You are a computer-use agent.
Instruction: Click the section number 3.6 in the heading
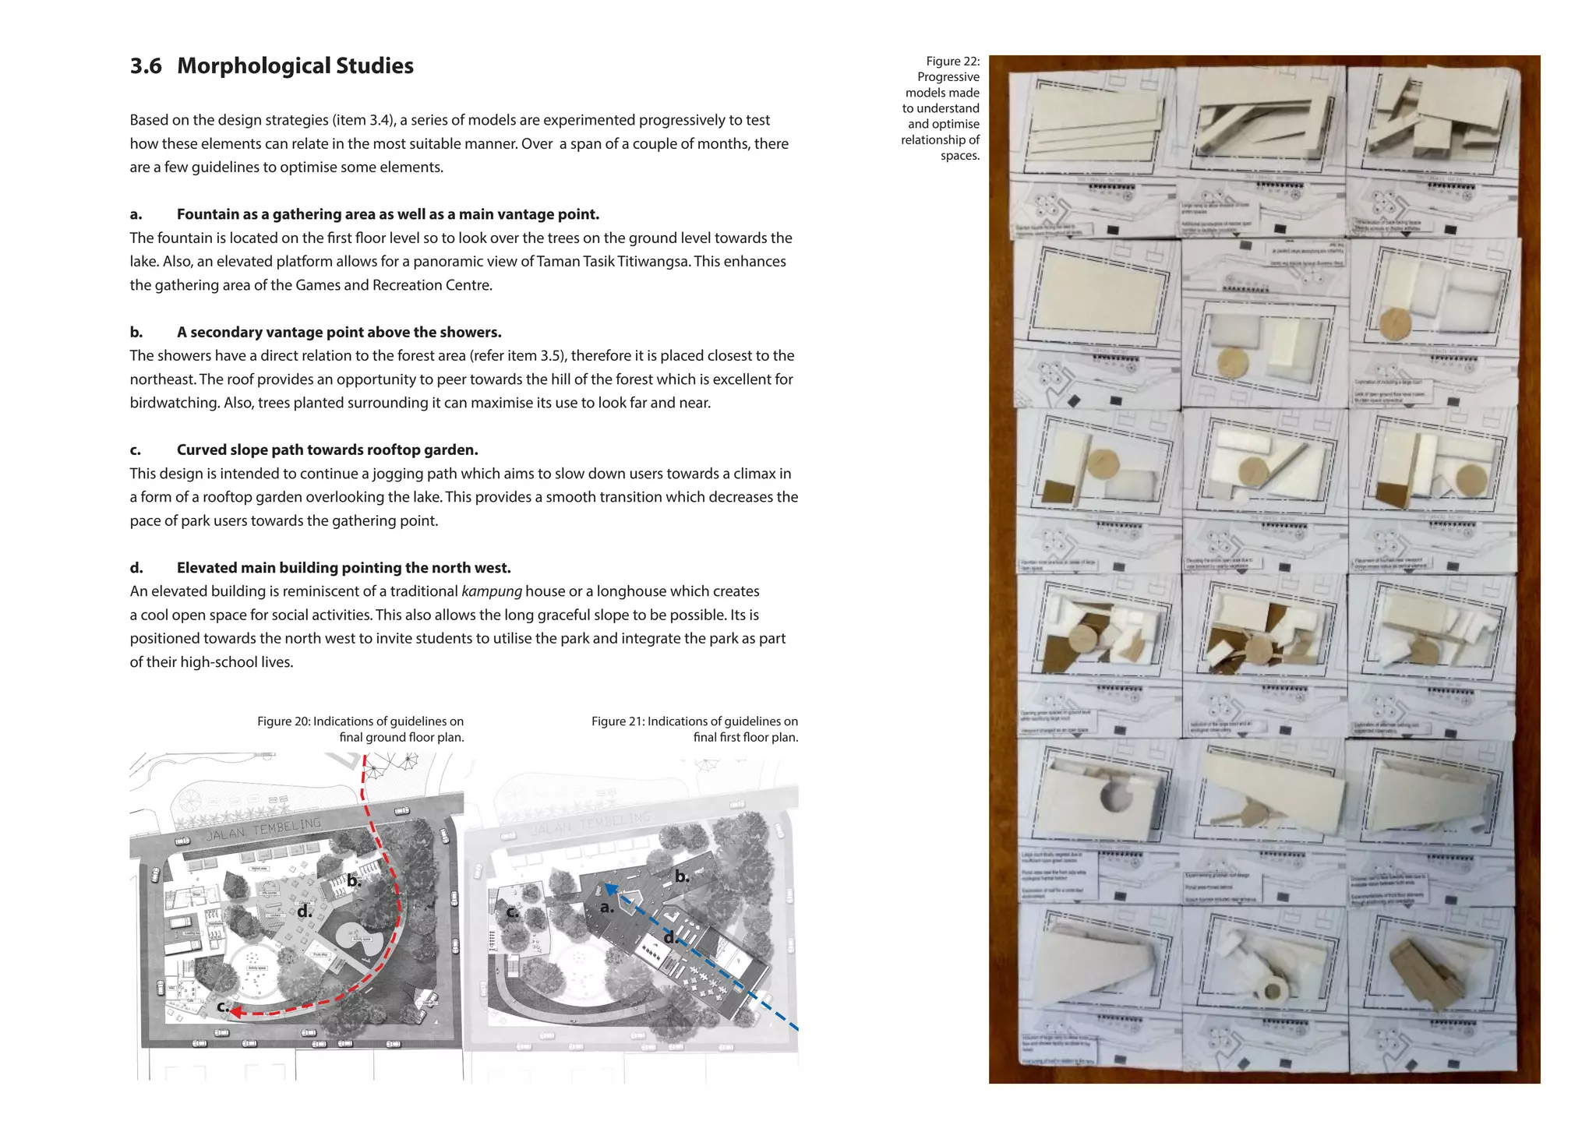point(146,66)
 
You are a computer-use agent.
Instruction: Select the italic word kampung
point(491,591)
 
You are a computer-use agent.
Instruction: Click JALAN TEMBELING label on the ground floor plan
point(263,830)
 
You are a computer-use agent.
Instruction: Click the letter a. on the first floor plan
point(607,908)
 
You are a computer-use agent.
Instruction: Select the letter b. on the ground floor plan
point(354,881)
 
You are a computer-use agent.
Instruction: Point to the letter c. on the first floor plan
point(512,912)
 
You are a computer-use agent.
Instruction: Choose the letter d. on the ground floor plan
point(304,911)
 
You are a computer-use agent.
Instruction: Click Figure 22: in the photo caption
point(952,62)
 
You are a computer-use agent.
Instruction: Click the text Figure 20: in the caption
point(284,721)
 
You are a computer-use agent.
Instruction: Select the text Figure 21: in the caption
point(618,721)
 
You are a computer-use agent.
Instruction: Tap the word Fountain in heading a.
point(206,214)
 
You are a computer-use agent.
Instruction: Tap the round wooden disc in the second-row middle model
point(1233,362)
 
